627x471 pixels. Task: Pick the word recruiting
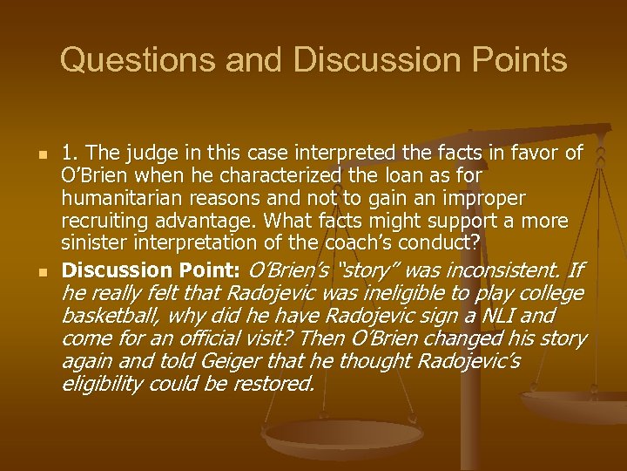point(111,222)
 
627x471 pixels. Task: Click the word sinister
point(91,243)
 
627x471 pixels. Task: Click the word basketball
point(111,316)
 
